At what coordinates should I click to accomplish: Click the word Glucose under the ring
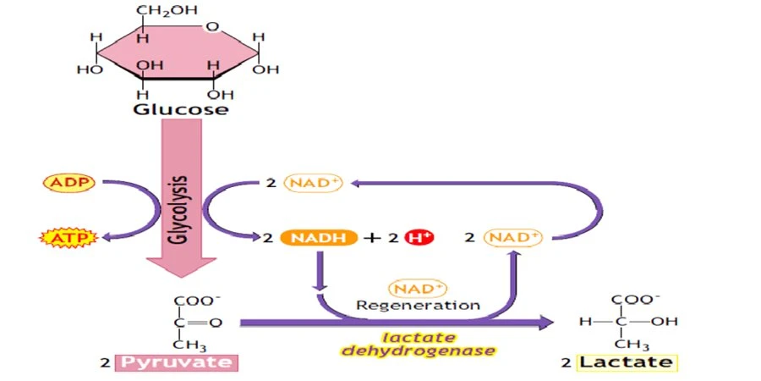click(x=181, y=109)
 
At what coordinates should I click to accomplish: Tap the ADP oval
click(x=69, y=183)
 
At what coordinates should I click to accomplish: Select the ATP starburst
click(x=68, y=238)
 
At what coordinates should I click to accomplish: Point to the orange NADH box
click(x=318, y=238)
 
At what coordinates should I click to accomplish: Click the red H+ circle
click(x=419, y=238)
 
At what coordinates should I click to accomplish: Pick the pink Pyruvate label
click(x=176, y=362)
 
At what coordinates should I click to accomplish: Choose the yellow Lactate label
click(x=626, y=362)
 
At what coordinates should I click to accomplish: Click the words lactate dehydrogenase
click(x=419, y=344)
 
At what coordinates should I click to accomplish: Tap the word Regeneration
click(x=418, y=306)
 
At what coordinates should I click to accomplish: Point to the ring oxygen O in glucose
click(x=211, y=26)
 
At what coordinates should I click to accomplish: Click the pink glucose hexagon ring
click(x=178, y=52)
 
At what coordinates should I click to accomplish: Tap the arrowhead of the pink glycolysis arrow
click(x=181, y=266)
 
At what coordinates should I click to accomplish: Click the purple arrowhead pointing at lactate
click(x=545, y=323)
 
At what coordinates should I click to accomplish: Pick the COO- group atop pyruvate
click(x=194, y=301)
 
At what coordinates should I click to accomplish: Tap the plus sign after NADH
click(x=373, y=238)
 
